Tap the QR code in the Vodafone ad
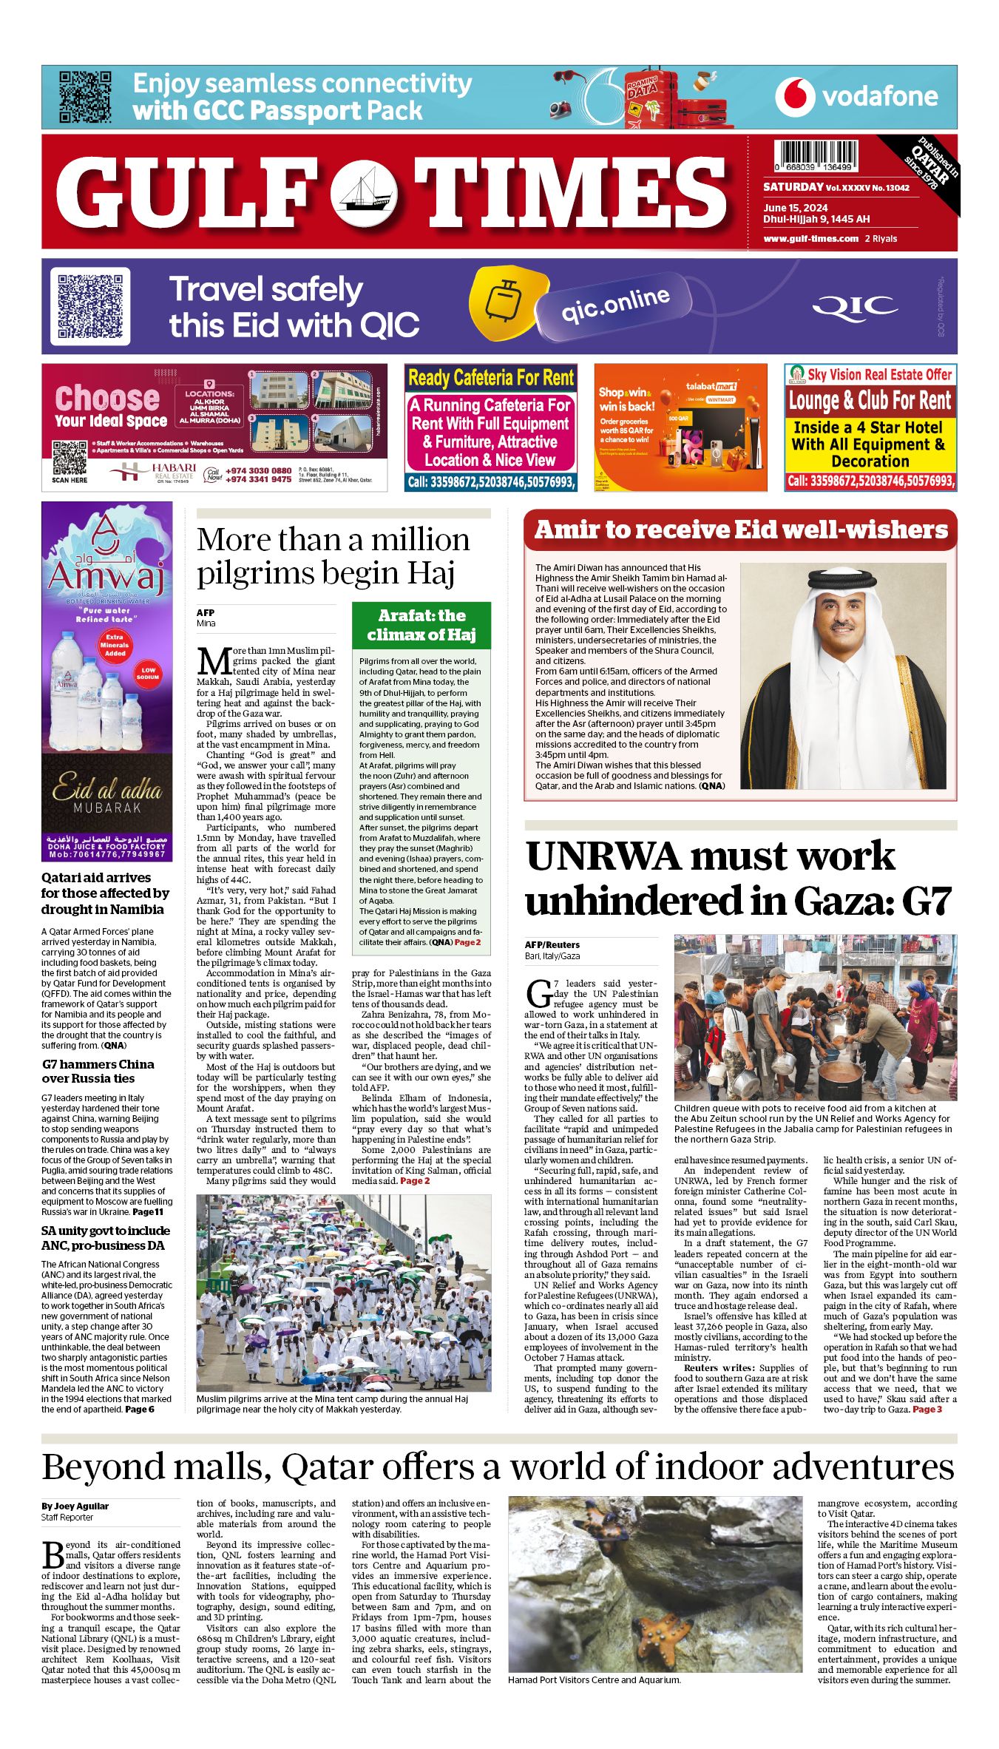click(85, 97)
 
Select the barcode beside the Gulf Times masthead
click(816, 157)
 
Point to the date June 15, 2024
click(796, 208)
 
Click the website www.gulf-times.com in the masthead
click(811, 239)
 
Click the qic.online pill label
click(615, 305)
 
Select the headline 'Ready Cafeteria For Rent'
click(491, 379)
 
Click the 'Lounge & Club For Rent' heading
click(870, 401)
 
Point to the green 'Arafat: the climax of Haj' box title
click(421, 625)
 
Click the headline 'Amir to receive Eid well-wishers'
click(740, 530)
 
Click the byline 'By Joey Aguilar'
click(75, 1506)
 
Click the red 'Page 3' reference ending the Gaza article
click(927, 1409)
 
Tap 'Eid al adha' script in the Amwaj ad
click(107, 789)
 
